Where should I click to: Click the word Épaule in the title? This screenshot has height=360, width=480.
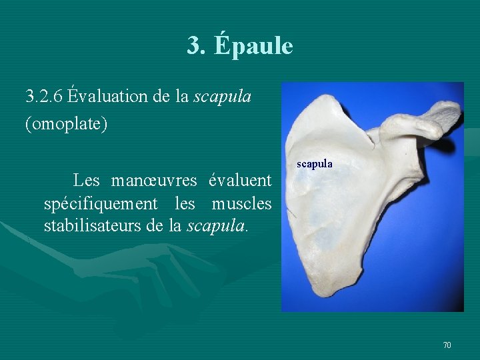[x=254, y=46]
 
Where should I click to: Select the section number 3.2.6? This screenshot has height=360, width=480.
[x=44, y=97]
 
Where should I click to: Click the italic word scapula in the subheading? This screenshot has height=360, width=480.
[x=222, y=97]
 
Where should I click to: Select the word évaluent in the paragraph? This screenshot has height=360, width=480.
[x=240, y=180]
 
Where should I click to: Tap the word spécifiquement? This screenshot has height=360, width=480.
[x=101, y=203]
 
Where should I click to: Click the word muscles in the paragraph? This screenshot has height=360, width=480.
[x=241, y=203]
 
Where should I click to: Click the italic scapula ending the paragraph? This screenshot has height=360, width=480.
[x=217, y=225]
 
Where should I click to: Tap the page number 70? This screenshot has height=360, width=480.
[x=447, y=345]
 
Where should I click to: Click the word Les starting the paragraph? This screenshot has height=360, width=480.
[x=86, y=180]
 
